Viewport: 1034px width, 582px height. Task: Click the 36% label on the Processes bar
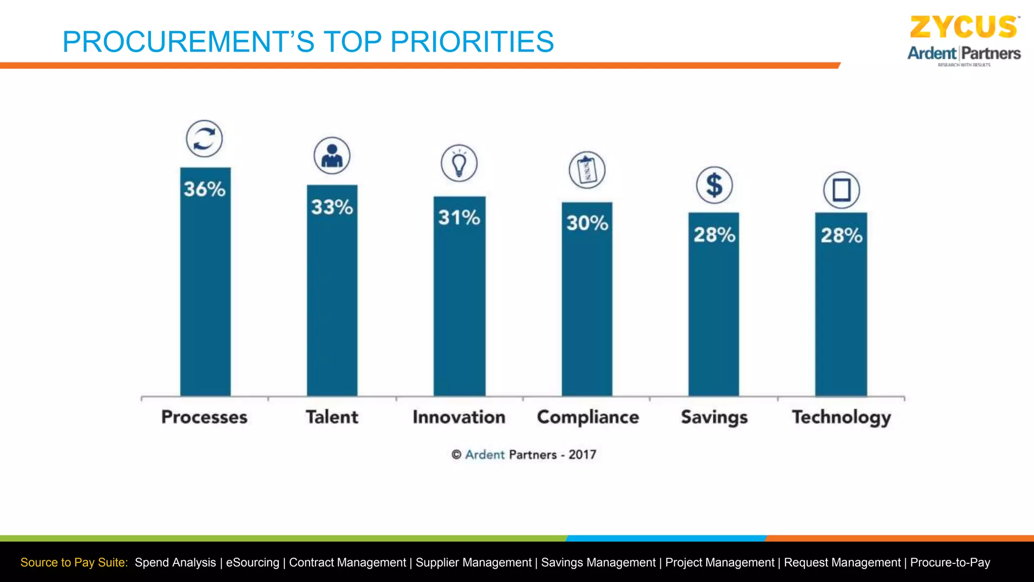204,189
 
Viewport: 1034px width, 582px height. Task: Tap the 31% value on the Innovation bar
459,218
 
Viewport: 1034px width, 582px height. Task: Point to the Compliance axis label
588,417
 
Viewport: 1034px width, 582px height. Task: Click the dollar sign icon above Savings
714,185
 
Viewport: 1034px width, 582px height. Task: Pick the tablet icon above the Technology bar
841,190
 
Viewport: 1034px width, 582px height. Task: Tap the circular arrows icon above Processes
204,138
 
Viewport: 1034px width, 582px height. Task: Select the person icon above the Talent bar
332,156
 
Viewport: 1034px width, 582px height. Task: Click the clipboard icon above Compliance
587,170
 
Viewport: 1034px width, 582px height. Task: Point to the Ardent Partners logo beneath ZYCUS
964,54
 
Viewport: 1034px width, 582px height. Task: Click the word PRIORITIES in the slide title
472,42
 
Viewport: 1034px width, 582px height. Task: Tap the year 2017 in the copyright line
582,455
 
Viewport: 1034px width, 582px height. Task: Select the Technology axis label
841,417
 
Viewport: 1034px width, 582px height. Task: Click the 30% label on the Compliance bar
587,223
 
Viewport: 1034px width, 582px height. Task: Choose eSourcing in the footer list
252,563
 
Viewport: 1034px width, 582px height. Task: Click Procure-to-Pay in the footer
950,563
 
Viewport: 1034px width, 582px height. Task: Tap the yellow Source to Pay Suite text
74,563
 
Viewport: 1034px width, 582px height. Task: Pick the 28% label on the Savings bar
714,235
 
